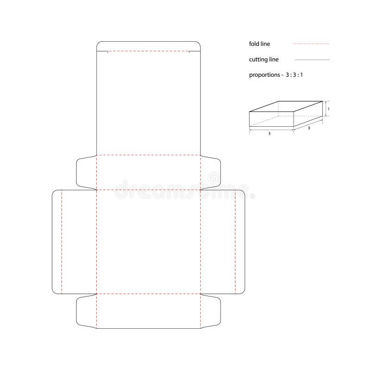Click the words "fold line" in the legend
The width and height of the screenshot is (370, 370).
click(x=259, y=44)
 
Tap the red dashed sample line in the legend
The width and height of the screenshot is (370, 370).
click(x=311, y=44)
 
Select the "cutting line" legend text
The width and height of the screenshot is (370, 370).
click(x=264, y=59)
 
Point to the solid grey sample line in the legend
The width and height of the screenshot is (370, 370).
click(x=312, y=60)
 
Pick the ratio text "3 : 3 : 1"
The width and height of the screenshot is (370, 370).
click(x=294, y=74)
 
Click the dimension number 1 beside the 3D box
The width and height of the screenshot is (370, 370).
click(x=328, y=109)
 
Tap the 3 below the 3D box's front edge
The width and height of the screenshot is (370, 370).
click(x=270, y=133)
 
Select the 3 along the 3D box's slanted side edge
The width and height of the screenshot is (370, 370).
click(x=309, y=128)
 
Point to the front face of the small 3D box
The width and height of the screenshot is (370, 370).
click(x=271, y=119)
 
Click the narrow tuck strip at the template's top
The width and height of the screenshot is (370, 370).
click(x=148, y=46)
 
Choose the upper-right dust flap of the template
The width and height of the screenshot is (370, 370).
click(x=210, y=172)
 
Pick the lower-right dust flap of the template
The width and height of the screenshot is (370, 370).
click(x=210, y=311)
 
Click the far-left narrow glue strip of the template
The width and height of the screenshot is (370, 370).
click(x=57, y=241)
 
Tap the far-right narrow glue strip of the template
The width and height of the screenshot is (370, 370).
click(x=240, y=241)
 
